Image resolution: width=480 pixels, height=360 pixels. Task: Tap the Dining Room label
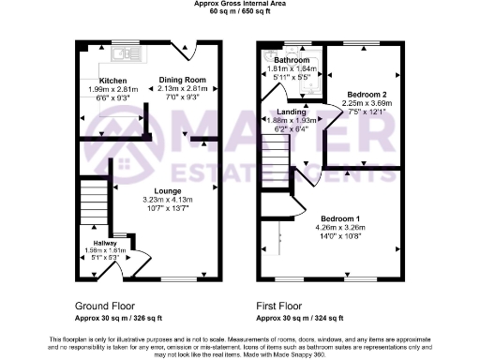(182, 81)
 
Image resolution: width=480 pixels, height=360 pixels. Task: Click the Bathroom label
(292, 61)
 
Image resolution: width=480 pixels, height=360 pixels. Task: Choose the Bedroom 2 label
(367, 96)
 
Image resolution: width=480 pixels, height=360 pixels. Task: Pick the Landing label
(291, 112)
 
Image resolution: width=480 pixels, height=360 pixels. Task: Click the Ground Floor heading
(104, 307)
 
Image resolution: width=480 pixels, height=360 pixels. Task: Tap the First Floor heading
(279, 307)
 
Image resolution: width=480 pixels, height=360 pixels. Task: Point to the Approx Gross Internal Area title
(239, 4)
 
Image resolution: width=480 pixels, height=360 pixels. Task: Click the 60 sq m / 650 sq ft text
(239, 11)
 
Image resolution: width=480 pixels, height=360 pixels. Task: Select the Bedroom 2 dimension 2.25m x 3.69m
(367, 104)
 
